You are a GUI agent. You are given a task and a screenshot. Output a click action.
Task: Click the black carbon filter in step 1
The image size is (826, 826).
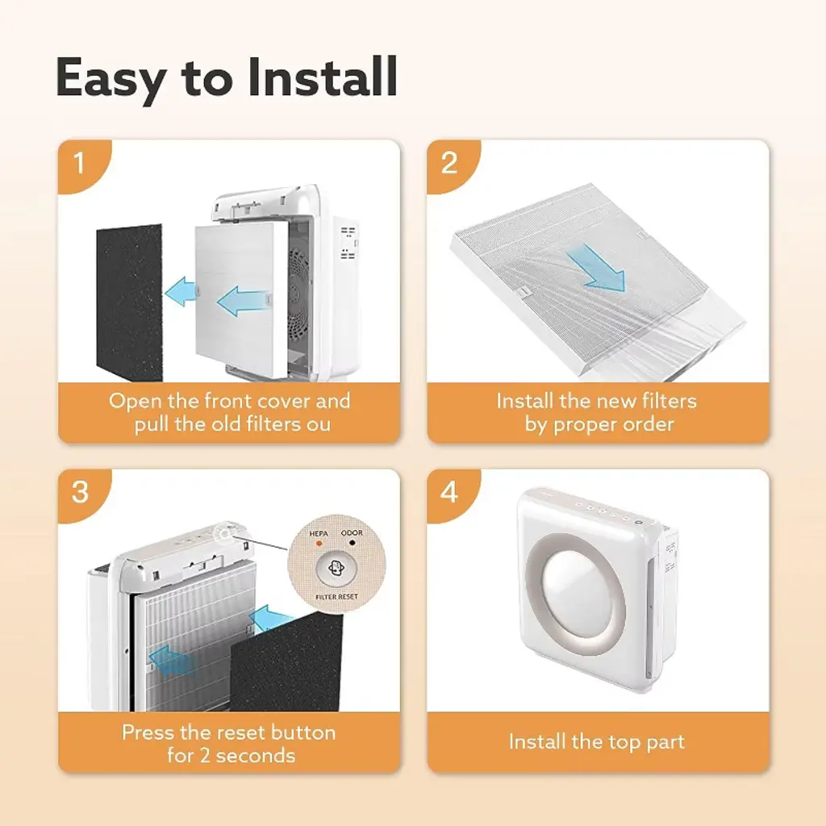pyautogui.click(x=130, y=302)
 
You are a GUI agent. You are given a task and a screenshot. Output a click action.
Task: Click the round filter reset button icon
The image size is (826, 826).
pyautogui.click(x=336, y=569)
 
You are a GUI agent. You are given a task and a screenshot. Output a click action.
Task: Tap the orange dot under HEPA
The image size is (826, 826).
pyautogui.click(x=319, y=543)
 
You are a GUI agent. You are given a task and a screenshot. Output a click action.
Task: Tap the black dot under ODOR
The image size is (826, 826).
pyautogui.click(x=352, y=543)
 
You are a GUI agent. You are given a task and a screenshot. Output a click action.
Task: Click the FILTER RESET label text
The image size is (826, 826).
pyautogui.click(x=336, y=597)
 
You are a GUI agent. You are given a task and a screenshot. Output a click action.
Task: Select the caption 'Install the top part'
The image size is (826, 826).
pyautogui.click(x=597, y=742)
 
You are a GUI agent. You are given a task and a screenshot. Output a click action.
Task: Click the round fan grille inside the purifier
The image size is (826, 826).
pyautogui.click(x=299, y=294)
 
